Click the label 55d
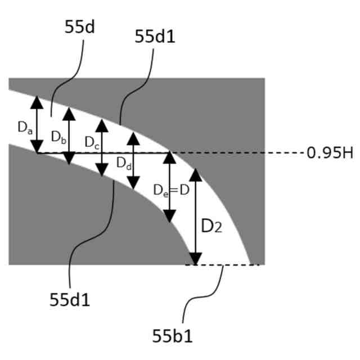(79, 27)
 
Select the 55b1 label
(172, 336)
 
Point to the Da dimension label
(24, 128)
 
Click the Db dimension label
(57, 136)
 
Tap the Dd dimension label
(124, 163)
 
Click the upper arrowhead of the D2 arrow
(195, 174)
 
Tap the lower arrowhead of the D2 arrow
(195, 258)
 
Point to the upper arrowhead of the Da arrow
(37, 102)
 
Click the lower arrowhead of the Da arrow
(37, 147)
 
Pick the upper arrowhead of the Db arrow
(69, 114)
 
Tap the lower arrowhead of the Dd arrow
(133, 182)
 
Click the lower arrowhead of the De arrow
(169, 215)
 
